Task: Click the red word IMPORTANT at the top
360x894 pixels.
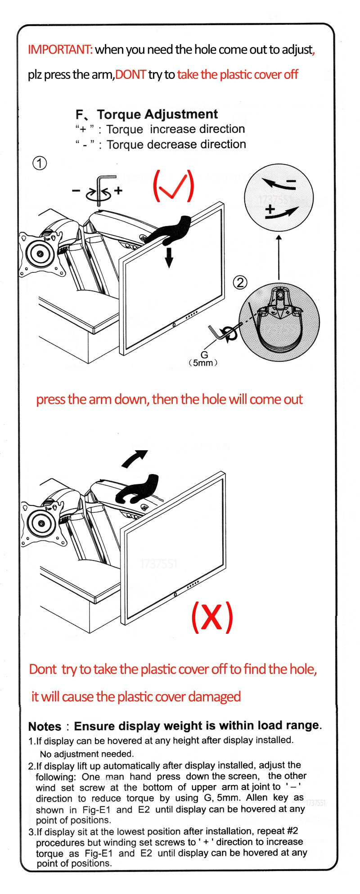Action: (x=60, y=49)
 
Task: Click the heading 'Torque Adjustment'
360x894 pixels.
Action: (x=157, y=114)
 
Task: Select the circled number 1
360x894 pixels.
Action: (x=40, y=163)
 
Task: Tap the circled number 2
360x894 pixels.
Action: (x=240, y=283)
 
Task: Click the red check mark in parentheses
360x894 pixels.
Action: (x=174, y=186)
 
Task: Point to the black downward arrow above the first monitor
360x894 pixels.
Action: (x=169, y=257)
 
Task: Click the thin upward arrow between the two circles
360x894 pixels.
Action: (x=279, y=257)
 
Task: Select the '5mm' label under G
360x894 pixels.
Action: (x=202, y=363)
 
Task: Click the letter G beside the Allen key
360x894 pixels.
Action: (x=204, y=355)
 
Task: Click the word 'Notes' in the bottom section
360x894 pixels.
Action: (x=45, y=727)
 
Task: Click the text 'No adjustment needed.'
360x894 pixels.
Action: (x=87, y=754)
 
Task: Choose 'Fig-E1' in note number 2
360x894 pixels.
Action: (x=98, y=809)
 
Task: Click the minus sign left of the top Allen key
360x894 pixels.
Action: (x=76, y=191)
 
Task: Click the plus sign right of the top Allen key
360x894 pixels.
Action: (x=118, y=190)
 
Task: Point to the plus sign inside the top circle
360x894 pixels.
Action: (x=270, y=209)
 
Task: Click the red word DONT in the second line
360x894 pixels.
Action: (x=130, y=75)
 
